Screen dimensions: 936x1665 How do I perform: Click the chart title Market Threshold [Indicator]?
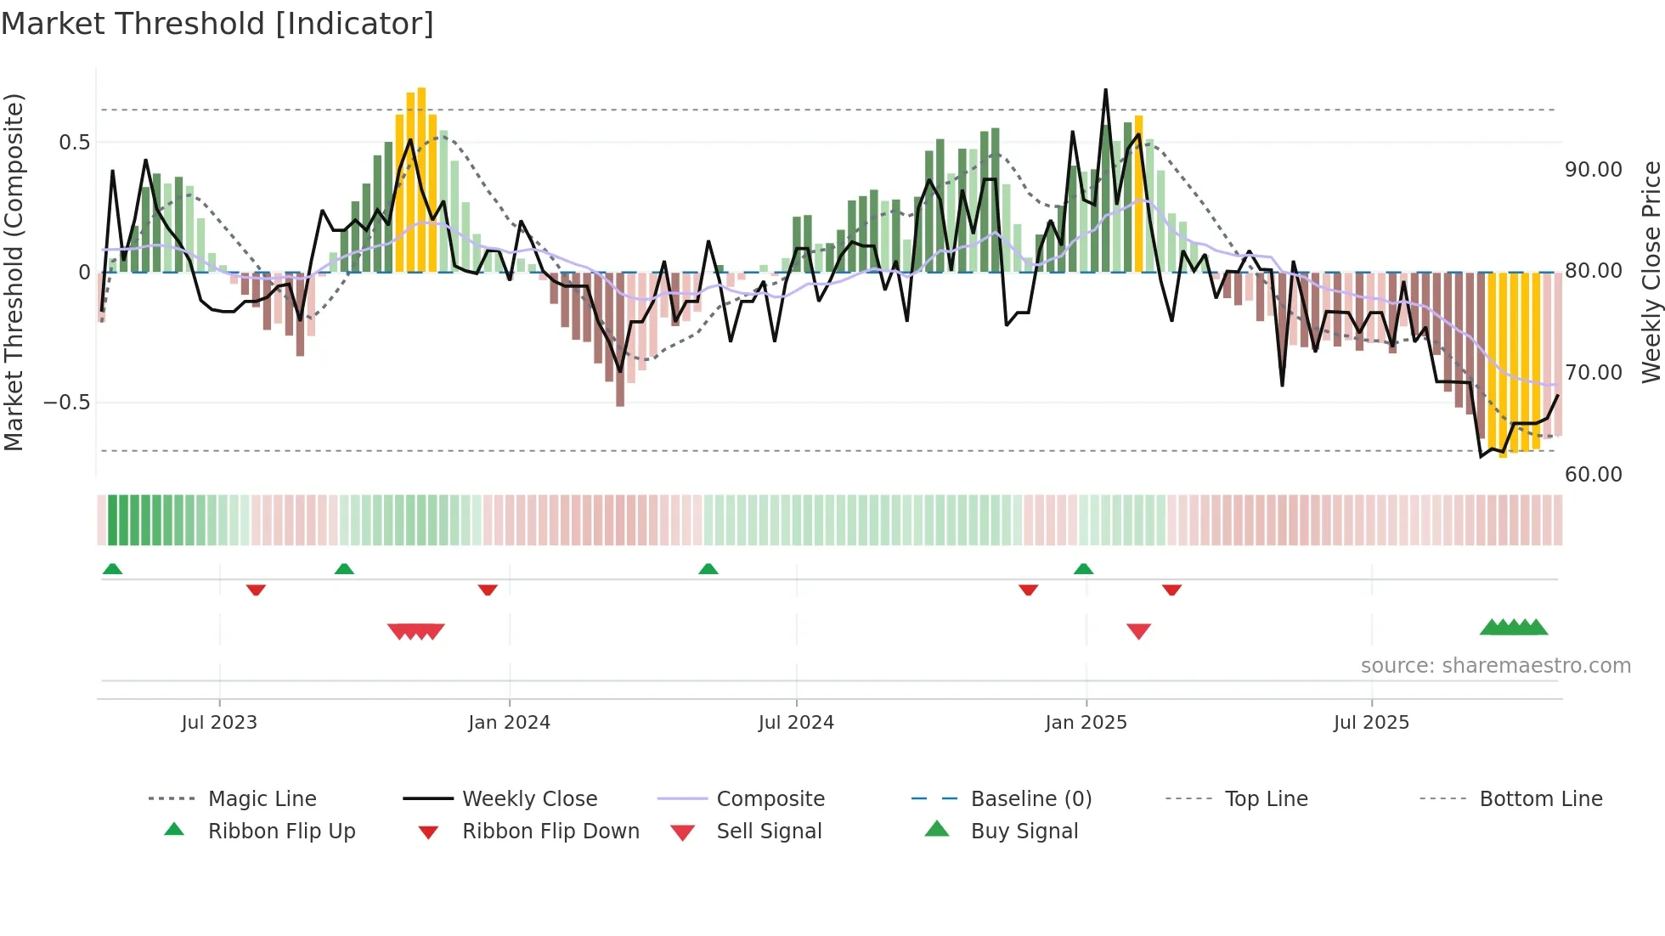217,24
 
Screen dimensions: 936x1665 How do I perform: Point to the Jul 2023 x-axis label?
219,723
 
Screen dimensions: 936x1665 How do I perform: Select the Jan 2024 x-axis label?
509,723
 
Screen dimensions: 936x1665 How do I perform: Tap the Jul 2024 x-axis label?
796,723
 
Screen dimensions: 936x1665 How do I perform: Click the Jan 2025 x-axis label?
1086,723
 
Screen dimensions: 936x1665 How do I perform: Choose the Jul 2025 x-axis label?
1371,723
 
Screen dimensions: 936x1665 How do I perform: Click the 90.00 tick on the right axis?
1594,170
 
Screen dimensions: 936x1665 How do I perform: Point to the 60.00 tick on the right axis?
1594,475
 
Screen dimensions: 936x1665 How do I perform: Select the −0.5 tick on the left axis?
67,403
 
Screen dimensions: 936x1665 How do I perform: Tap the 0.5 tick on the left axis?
75,143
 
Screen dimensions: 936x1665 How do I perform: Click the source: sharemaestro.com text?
1495,666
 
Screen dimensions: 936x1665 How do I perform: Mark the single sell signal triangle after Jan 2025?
1138,631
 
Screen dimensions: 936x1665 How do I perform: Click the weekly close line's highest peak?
1105,90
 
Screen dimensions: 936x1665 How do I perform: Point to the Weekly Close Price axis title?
1651,272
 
